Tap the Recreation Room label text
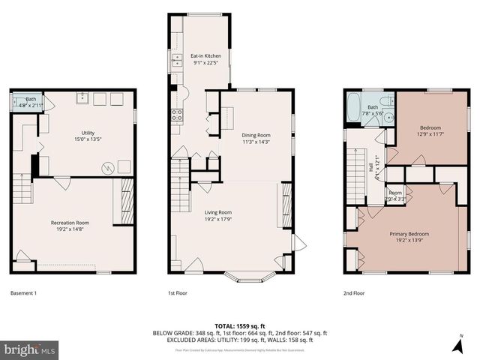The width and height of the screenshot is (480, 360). pos(70,223)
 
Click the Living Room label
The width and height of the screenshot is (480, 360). pos(218,212)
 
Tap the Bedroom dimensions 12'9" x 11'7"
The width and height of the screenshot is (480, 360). pos(430,134)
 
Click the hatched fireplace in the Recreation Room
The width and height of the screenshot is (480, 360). pos(127,200)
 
